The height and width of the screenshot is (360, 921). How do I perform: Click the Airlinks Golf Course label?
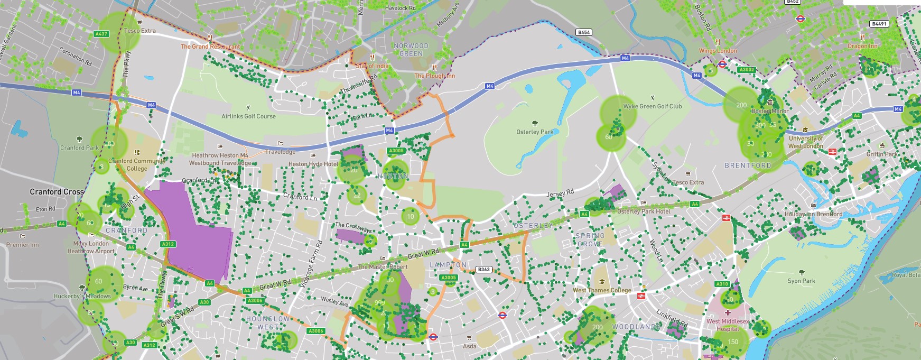(x=248, y=116)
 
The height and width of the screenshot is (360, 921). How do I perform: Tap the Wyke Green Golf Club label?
(x=653, y=106)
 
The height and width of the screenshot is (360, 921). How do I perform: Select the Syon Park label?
(x=801, y=281)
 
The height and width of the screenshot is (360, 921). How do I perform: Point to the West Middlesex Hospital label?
(x=728, y=325)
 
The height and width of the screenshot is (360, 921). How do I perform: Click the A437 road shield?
(x=101, y=34)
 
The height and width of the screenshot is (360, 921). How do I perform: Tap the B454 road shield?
(x=584, y=32)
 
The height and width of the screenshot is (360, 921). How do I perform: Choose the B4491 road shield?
(x=879, y=24)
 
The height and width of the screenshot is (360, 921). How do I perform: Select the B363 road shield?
(x=484, y=270)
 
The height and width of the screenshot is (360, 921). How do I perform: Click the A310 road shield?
(x=722, y=284)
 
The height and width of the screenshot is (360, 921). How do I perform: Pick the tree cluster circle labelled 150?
(x=732, y=341)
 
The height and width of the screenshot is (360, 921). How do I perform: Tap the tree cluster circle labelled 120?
(x=352, y=170)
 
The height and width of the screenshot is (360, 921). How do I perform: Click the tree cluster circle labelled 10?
(x=411, y=216)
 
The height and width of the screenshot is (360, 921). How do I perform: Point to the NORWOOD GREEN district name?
(x=411, y=50)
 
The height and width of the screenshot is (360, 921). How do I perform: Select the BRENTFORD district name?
(x=748, y=165)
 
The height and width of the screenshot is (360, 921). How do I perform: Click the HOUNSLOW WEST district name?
(x=268, y=323)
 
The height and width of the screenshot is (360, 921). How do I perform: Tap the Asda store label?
(x=469, y=346)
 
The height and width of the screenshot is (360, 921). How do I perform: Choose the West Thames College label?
(x=602, y=290)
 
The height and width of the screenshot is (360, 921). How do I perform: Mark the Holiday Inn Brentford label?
(x=813, y=214)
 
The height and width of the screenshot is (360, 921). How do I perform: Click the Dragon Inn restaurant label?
(x=862, y=46)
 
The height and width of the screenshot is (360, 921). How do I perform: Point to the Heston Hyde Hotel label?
(x=313, y=164)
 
